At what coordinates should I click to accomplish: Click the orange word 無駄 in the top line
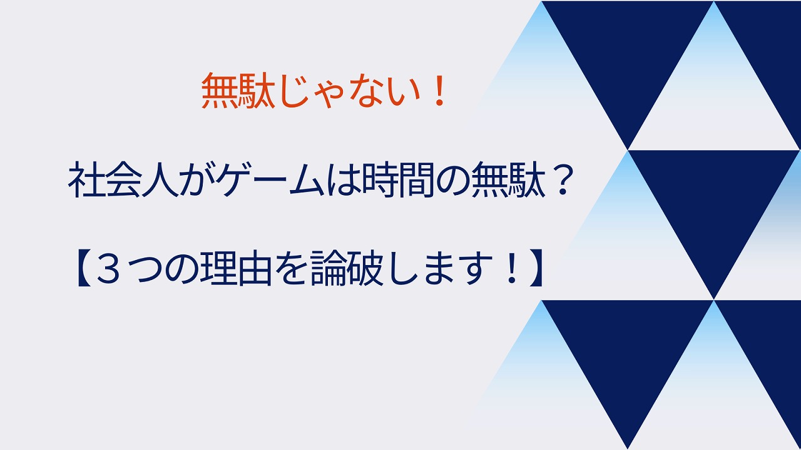(238, 91)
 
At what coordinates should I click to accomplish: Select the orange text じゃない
(349, 91)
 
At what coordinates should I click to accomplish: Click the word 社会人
(123, 179)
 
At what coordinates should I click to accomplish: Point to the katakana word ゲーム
(273, 179)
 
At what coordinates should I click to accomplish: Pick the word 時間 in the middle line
(397, 179)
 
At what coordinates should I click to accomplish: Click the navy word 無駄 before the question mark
(508, 179)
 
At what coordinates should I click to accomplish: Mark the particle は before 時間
(344, 179)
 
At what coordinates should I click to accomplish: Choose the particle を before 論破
(291, 269)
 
